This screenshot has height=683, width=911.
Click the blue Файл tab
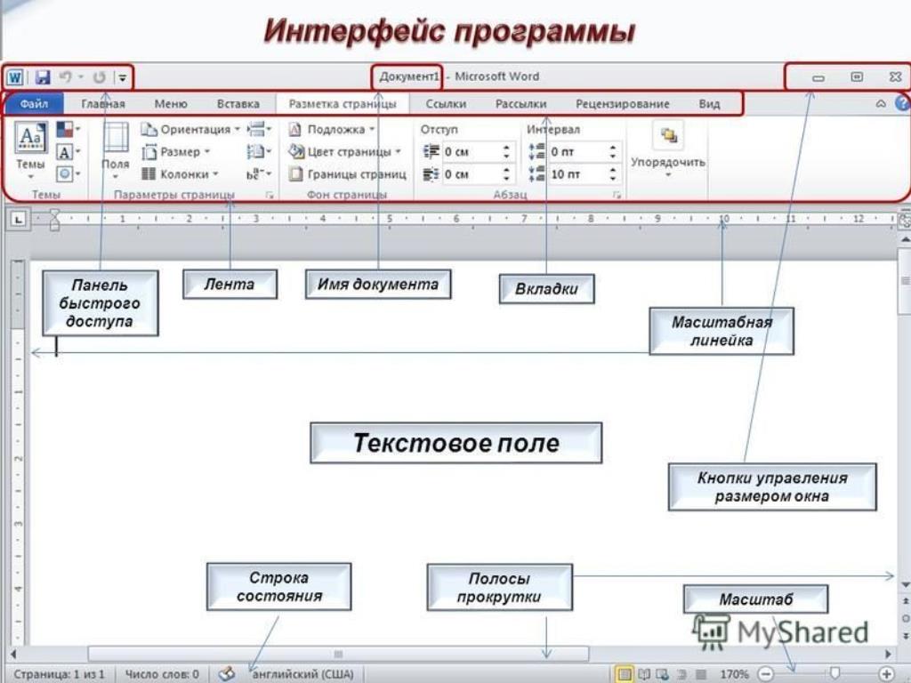(35, 104)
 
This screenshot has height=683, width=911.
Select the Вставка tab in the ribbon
(238, 104)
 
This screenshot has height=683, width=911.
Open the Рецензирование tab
(622, 104)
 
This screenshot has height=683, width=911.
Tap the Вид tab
(709, 104)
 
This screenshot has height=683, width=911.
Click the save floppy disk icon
(43, 76)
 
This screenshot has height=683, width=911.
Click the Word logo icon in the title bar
(14, 76)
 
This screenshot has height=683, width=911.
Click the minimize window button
(818, 77)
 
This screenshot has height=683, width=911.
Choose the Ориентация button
(189, 129)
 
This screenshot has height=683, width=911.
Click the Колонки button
(180, 173)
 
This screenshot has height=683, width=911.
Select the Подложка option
(332, 129)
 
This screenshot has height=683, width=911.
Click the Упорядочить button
(668, 149)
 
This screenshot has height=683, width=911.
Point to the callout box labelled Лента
(230, 284)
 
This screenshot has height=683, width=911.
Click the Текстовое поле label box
(456, 443)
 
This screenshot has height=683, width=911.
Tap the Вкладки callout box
(547, 289)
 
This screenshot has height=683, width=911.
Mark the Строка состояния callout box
(278, 587)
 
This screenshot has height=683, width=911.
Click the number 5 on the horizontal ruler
(390, 219)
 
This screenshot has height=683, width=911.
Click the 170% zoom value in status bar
(734, 674)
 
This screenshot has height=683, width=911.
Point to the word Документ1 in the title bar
(409, 76)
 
